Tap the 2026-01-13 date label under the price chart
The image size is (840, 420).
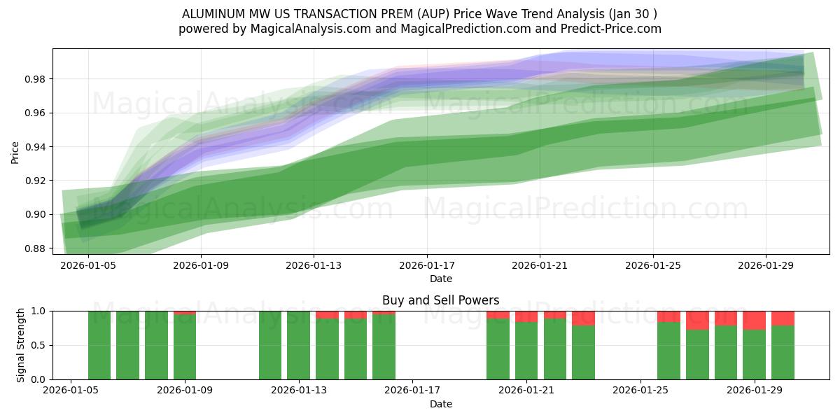point(314,266)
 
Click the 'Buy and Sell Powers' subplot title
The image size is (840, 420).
point(440,300)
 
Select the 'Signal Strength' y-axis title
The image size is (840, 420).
point(21,345)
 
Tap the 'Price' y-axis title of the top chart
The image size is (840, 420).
point(15,152)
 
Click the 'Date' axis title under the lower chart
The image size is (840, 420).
point(440,404)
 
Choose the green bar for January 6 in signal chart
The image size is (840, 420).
point(99,345)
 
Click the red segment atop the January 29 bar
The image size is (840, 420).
point(754,320)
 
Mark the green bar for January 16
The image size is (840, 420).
point(384,347)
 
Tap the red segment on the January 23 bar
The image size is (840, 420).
point(583,318)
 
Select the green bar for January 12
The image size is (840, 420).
point(270,345)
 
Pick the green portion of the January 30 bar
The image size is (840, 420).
point(783,353)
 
